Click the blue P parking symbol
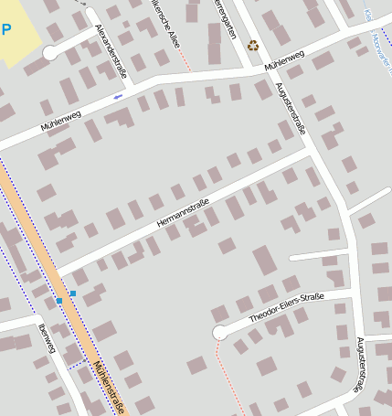(6, 29)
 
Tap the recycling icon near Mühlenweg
(253, 45)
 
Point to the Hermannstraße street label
(183, 213)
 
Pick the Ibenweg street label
(48, 337)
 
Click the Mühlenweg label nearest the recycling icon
(284, 62)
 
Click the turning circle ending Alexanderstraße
(50, 53)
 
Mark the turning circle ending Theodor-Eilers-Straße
(219, 333)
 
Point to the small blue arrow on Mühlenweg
(118, 96)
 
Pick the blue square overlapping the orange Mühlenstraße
(59, 299)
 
